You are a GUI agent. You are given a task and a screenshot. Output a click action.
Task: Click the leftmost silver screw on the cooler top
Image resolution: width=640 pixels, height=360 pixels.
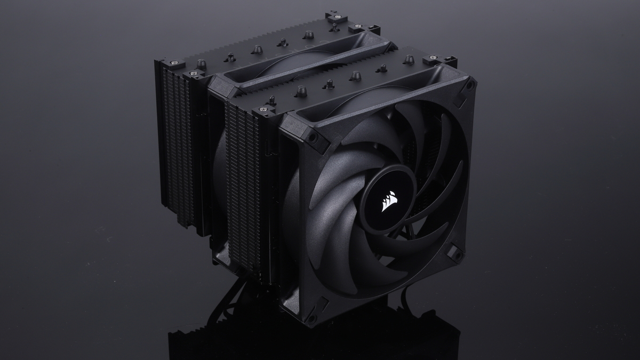tap(173, 63)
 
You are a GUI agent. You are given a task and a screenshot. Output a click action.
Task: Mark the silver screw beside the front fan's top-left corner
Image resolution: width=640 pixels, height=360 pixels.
tap(262, 111)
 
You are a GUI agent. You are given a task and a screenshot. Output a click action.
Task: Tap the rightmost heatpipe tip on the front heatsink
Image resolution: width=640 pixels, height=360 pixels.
tap(408, 59)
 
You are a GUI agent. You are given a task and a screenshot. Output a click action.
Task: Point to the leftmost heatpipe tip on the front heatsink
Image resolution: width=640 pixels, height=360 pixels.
tap(272, 100)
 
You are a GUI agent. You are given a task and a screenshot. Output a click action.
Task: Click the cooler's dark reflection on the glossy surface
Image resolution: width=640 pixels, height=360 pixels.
tap(320, 341)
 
